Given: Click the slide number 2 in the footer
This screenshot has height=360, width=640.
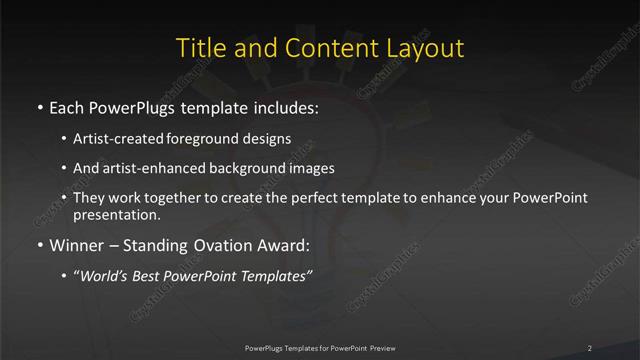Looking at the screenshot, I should (x=589, y=347).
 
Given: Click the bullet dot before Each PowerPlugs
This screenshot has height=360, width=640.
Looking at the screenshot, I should (x=39, y=106).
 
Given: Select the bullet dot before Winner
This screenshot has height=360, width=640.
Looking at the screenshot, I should (x=39, y=242).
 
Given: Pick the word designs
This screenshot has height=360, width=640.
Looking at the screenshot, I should (x=267, y=139).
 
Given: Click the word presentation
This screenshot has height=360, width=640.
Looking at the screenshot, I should (x=116, y=214).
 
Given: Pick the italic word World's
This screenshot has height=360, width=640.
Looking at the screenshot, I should (x=105, y=273).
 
